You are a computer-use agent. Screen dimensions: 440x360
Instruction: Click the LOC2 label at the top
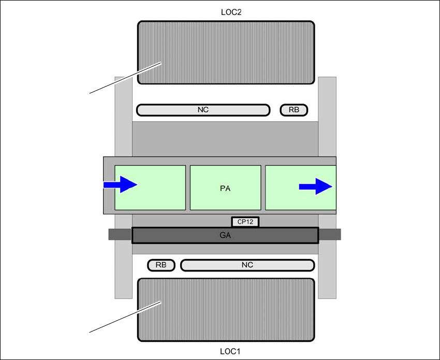(225, 12)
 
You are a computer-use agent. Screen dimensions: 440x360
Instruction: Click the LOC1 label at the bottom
(225, 351)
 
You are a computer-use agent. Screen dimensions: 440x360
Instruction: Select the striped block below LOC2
(225, 52)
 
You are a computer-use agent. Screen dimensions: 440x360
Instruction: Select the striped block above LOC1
(225, 310)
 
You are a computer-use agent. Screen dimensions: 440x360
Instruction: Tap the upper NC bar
(203, 110)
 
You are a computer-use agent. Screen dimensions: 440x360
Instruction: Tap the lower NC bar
(247, 265)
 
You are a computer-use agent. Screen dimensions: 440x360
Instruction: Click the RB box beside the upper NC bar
(294, 110)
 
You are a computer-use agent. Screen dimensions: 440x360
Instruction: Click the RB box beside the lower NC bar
(161, 265)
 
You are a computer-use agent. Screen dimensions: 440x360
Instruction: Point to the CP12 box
(244, 222)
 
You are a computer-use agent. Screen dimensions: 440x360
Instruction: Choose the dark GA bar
(225, 235)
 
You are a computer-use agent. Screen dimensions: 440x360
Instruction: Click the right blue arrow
(315, 186)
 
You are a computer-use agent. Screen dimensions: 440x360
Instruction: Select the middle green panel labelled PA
(225, 199)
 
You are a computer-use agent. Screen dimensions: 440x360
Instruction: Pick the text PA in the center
(225, 188)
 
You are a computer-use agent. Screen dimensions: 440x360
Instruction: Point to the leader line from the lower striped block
(119, 319)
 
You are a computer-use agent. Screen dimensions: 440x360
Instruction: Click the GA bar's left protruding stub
(120, 235)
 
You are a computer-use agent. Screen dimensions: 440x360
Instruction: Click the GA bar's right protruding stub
(330, 235)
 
